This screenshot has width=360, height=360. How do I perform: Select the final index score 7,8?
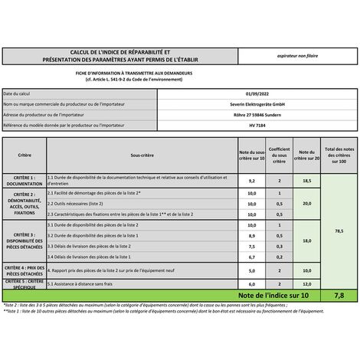(x=338, y=293)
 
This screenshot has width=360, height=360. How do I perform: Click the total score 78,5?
(x=338, y=229)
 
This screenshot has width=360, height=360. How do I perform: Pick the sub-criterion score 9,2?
(x=251, y=180)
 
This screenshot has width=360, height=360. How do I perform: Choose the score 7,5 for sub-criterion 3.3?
(x=251, y=247)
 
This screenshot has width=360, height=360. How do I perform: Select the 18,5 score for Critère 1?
(x=306, y=180)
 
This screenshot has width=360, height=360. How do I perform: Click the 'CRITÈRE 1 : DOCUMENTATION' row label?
(x=25, y=180)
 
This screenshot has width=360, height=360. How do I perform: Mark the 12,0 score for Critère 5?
(x=306, y=283)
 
